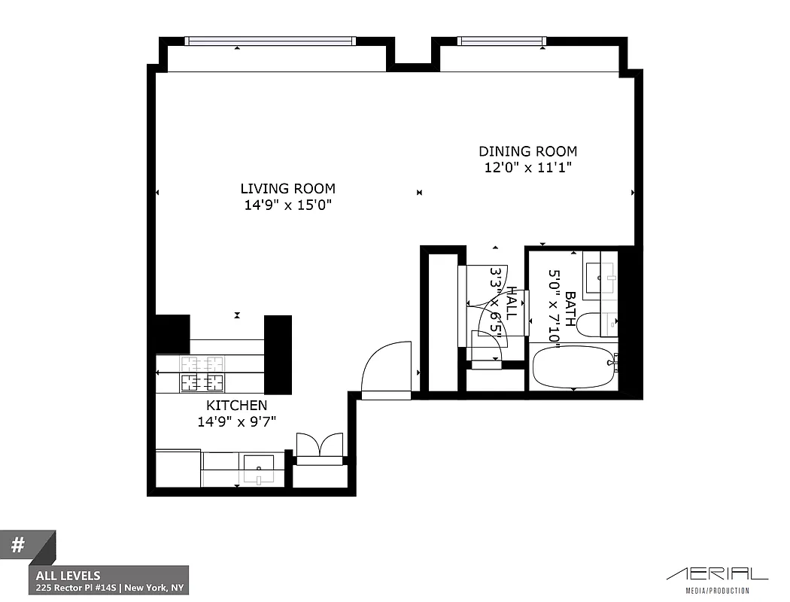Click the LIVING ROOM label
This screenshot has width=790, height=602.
coord(287,189)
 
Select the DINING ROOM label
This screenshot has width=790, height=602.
coord(527,152)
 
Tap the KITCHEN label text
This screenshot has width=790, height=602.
coord(237,406)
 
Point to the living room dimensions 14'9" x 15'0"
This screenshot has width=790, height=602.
coord(287,205)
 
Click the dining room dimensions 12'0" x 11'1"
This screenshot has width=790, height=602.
coord(527,169)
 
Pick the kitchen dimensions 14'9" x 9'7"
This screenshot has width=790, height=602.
coord(237,422)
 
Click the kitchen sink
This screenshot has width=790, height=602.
coord(259,470)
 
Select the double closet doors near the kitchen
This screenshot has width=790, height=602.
coord(321,445)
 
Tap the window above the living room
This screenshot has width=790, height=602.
coord(269,41)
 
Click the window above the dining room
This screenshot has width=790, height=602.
coord(500,41)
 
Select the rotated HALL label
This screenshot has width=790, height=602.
coord(512,303)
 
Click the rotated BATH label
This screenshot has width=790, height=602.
coord(570,309)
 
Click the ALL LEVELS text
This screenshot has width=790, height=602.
coord(68,576)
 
